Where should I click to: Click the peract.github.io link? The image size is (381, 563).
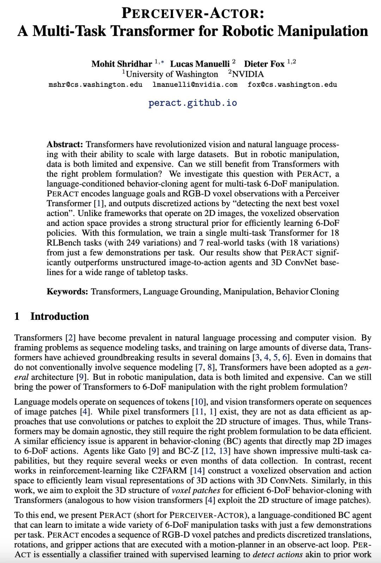(193, 103)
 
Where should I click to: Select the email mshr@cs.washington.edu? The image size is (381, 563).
(95, 85)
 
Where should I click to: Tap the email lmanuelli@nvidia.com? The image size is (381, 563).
(195, 85)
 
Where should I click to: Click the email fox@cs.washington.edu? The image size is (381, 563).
(292, 85)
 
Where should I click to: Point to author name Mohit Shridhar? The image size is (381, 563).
(122, 64)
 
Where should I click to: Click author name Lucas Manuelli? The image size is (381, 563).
(200, 64)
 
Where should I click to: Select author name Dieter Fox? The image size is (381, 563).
(264, 64)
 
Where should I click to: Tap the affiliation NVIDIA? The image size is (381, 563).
(248, 74)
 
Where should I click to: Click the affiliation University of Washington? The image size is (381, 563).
(172, 74)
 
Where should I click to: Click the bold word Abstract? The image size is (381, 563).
(65, 145)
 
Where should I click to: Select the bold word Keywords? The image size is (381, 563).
(67, 292)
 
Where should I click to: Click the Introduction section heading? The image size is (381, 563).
(60, 316)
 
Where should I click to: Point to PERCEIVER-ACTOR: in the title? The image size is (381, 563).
(193, 13)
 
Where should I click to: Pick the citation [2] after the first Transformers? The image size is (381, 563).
(71, 338)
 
